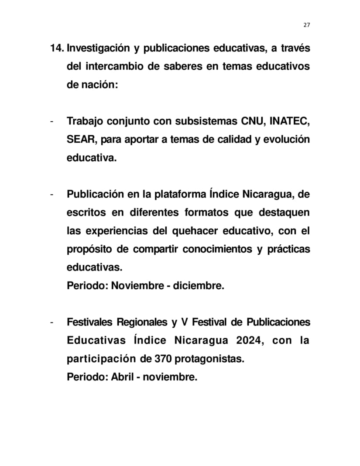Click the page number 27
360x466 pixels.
point(306,25)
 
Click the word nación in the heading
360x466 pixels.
point(100,85)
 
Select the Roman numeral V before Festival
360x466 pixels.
point(184,322)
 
